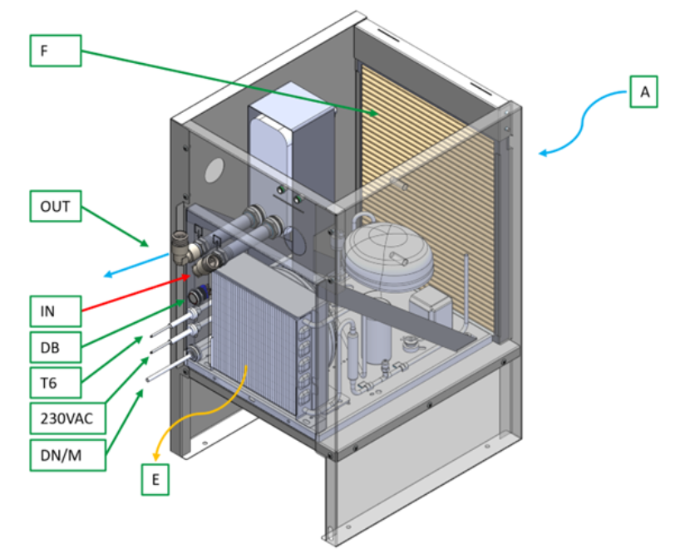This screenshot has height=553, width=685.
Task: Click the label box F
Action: click(x=56, y=51)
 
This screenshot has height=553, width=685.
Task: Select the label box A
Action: click(x=643, y=91)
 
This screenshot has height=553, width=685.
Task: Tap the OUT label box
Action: click(x=56, y=207)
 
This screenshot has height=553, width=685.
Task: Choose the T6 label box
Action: click(x=56, y=383)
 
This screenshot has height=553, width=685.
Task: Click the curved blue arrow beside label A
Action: click(x=582, y=125)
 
